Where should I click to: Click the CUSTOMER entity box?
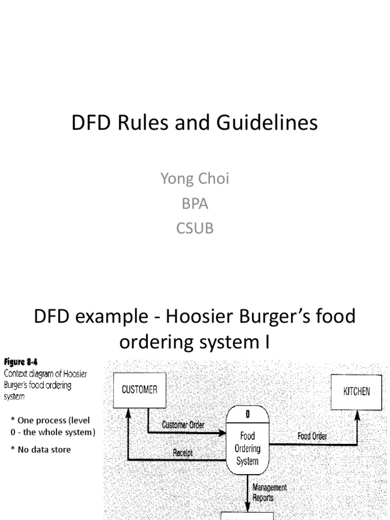click(139, 390)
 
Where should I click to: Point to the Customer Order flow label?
click(183, 425)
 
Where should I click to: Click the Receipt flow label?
click(183, 452)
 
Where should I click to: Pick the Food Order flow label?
click(312, 436)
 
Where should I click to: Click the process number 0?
click(247, 414)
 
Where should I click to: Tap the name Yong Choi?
click(194, 179)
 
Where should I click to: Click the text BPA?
click(195, 204)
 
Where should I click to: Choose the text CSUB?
click(195, 228)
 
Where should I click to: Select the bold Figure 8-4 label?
click(21, 363)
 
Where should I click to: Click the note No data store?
click(43, 449)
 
